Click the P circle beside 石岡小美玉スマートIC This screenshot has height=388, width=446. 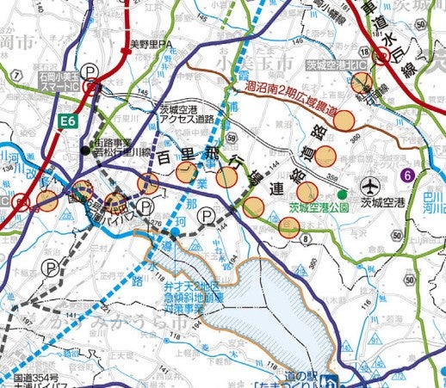pos(90,74)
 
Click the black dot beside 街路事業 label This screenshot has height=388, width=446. pos(84,151)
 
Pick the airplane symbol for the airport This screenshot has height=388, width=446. pos(371,184)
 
